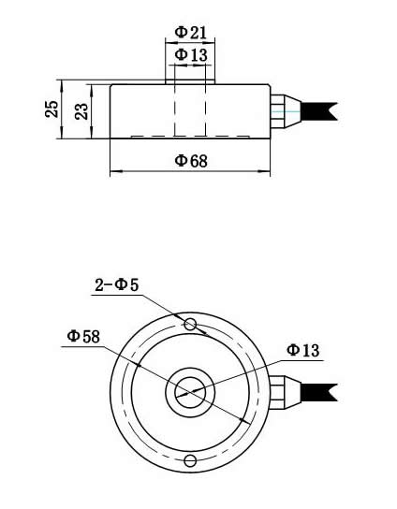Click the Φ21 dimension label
pyautogui.click(x=191, y=33)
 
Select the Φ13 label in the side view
pyautogui.click(x=191, y=55)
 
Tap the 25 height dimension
pyautogui.click(x=51, y=109)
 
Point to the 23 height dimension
pyautogui.click(x=81, y=111)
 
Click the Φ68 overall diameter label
pyautogui.click(x=191, y=161)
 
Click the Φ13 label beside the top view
pyautogui.click(x=302, y=350)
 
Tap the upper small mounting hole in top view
pyautogui.click(x=191, y=325)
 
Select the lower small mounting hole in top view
pyautogui.click(x=191, y=459)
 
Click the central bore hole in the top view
pyautogui.click(x=191, y=392)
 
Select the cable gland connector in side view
pyautogui.click(x=283, y=108)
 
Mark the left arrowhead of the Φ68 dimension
pyautogui.click(x=114, y=172)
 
